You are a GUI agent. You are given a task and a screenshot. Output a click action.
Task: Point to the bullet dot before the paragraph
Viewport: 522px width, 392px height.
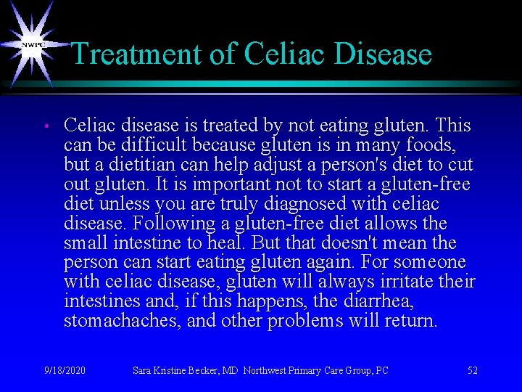pyautogui.click(x=45, y=127)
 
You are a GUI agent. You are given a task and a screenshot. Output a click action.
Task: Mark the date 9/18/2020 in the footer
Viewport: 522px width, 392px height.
pyautogui.click(x=65, y=371)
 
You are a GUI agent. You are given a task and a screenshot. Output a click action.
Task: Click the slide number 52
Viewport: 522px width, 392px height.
pyautogui.click(x=472, y=371)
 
